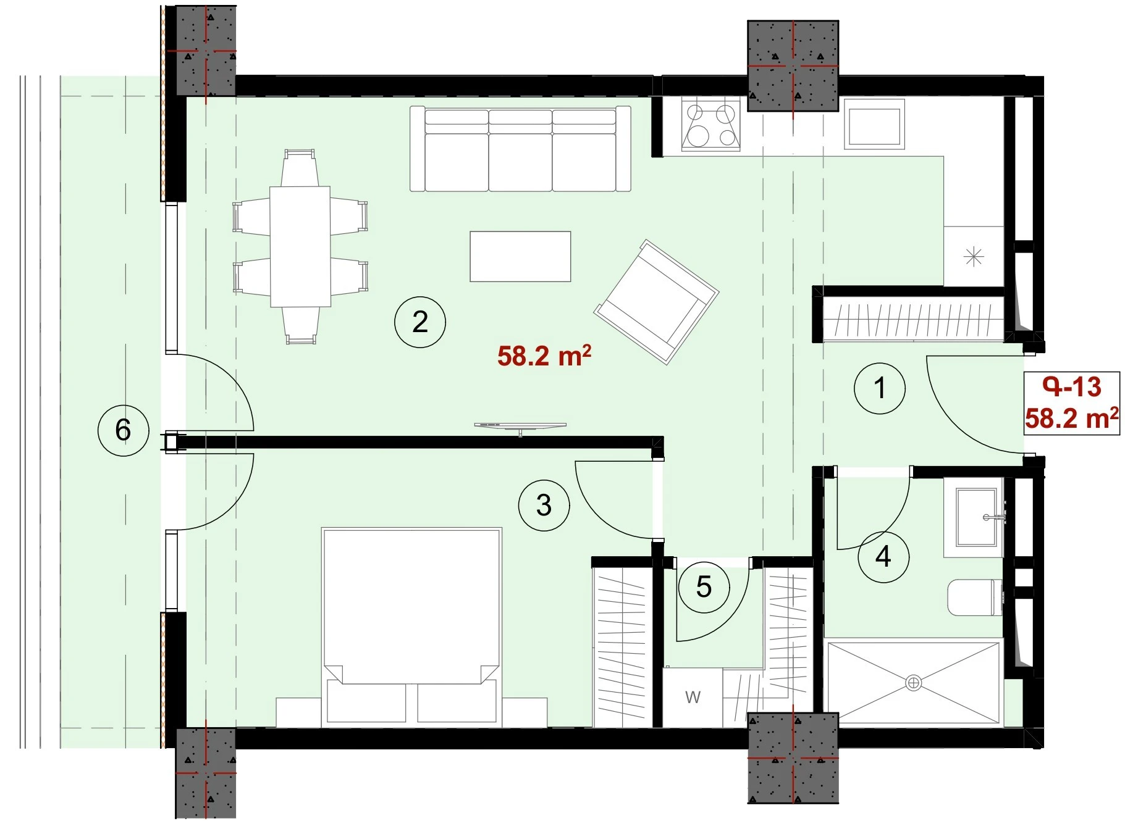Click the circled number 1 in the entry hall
pyautogui.click(x=880, y=388)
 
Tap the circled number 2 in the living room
pyautogui.click(x=420, y=322)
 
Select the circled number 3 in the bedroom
pyautogui.click(x=544, y=506)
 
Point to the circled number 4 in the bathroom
pyautogui.click(x=883, y=557)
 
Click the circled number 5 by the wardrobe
pyautogui.click(x=704, y=587)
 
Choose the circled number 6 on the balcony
pyautogui.click(x=123, y=430)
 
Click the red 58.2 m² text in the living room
pyautogui.click(x=544, y=356)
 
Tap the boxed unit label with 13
pyautogui.click(x=1072, y=403)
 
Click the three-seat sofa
pyautogui.click(x=520, y=149)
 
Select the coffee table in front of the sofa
pyautogui.click(x=520, y=256)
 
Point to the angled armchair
pyautogui.click(x=656, y=302)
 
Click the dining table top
pyautogui.click(x=300, y=246)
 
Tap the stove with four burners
pyautogui.click(x=711, y=123)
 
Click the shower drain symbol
pyautogui.click(x=913, y=683)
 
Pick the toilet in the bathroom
pyautogui.click(x=974, y=597)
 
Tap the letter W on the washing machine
pyautogui.click(x=693, y=698)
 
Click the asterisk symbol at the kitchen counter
pyautogui.click(x=974, y=256)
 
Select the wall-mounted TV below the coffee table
pyautogui.click(x=520, y=426)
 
